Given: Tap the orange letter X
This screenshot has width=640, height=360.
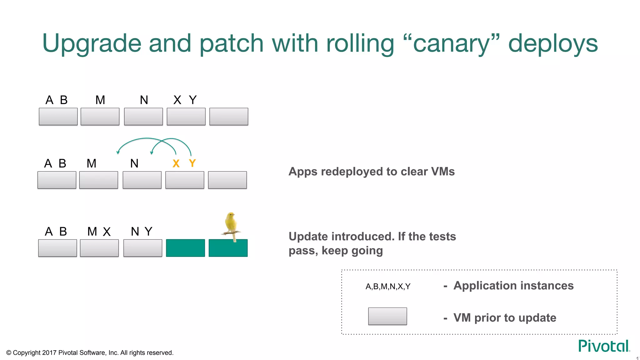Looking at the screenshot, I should tap(176, 163).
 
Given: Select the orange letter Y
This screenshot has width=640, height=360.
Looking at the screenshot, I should tap(192, 163).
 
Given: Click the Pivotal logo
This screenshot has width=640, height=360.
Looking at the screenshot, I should tap(603, 346).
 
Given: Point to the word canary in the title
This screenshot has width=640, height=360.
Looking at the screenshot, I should tap(451, 44).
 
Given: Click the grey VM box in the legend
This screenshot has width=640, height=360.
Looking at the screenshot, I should tap(387, 316).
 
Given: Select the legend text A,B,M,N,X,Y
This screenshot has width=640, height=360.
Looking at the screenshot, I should tap(388, 286).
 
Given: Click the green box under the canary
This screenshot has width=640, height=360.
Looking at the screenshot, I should tap(228, 248).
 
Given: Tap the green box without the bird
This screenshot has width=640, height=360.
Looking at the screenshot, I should tap(185, 248).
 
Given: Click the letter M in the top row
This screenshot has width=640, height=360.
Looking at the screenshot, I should tap(100, 100).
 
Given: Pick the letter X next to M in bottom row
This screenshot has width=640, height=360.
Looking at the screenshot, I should tap(107, 232).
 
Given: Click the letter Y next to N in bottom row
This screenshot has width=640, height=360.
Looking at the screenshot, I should tap(148, 232).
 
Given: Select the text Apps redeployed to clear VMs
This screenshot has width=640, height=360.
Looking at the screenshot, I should tap(372, 172).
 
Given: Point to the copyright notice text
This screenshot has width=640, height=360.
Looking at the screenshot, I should tap(90, 353).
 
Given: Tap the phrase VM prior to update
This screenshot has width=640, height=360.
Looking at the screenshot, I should tap(505, 318).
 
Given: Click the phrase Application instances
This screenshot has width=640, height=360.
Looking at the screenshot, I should tap(513, 286).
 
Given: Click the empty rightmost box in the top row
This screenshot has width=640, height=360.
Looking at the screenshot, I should tap(229, 117).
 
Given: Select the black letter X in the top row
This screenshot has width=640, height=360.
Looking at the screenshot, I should tap(177, 100).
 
